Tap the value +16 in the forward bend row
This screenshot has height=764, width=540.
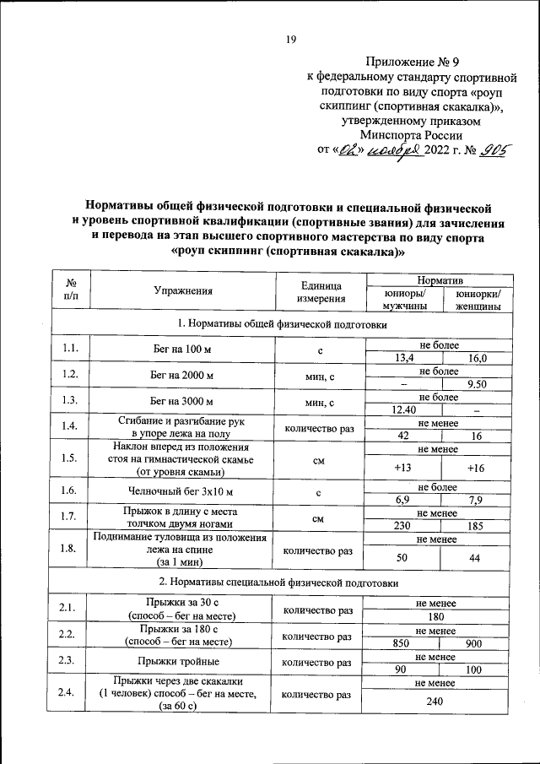(x=478, y=467)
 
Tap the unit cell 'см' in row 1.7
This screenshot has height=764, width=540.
(x=318, y=519)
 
